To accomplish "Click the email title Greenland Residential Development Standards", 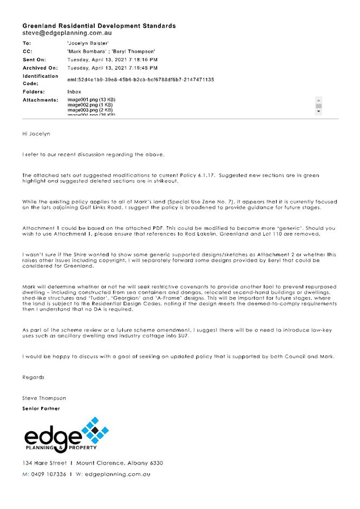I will tap(99, 26).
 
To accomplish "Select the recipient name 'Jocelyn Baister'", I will tap(88, 42).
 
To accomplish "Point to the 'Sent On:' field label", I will tap(35, 60).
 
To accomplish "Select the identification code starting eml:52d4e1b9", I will tap(140, 80).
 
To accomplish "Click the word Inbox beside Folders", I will tap(74, 92).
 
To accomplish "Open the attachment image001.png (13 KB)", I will tap(91, 100).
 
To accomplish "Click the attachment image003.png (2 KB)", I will tap(90, 110).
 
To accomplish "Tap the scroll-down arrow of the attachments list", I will tap(318, 111).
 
